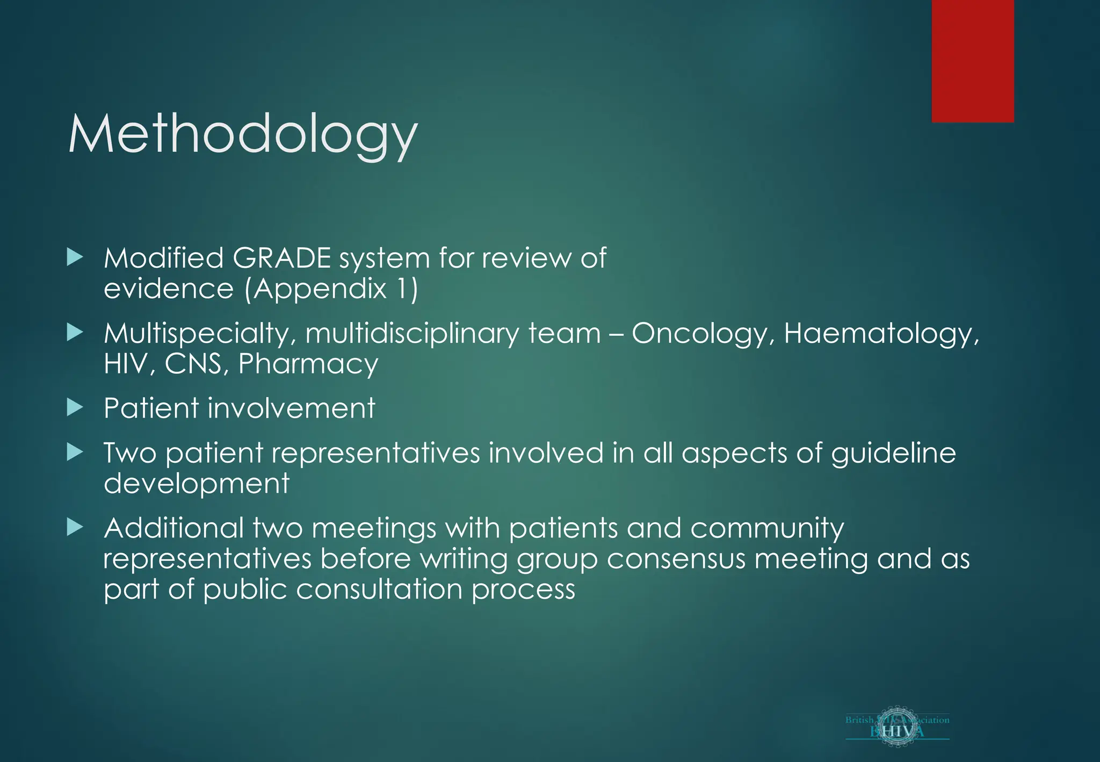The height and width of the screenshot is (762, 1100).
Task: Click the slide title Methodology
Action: coord(243,134)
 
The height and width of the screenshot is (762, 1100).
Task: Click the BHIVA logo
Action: coord(897,726)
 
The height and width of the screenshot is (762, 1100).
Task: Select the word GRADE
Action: coord(281,258)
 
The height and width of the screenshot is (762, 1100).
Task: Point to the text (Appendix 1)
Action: coord(331,289)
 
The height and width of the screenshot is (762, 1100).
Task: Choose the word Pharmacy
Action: coord(308,364)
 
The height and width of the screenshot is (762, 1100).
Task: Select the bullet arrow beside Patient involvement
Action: coord(75,408)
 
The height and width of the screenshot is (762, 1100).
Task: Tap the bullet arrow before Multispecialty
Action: coord(75,333)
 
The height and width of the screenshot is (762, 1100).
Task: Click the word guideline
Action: coord(893,453)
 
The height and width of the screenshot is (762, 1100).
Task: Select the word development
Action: coord(197,484)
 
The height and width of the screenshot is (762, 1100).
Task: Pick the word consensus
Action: coord(676,559)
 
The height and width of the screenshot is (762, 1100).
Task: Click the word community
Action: coord(767,528)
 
